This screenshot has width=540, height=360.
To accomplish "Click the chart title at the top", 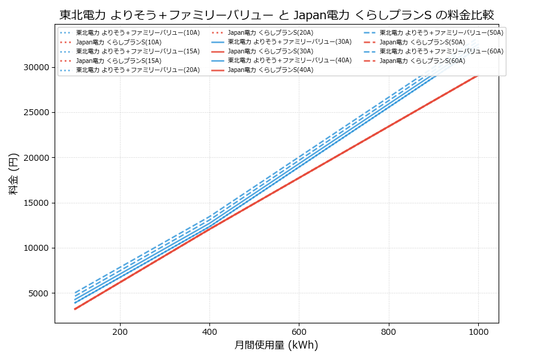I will click(x=277, y=15).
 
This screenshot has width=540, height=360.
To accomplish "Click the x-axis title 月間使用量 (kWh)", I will click(x=277, y=346).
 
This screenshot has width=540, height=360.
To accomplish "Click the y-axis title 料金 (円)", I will click(x=13, y=173).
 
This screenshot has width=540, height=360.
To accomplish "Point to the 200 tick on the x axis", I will click(x=120, y=331).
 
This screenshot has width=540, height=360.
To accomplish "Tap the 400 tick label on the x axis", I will click(x=209, y=331).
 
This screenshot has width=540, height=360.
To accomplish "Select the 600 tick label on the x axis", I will click(x=299, y=331).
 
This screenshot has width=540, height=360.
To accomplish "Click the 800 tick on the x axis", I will click(x=389, y=331).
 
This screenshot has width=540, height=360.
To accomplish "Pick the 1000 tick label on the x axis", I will click(x=478, y=331).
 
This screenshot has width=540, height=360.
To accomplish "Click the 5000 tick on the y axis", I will click(x=38, y=293).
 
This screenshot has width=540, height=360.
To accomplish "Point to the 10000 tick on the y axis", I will click(x=36, y=248).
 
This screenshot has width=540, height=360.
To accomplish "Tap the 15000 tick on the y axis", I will click(x=36, y=203).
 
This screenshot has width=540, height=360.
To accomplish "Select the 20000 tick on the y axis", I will click(x=36, y=158).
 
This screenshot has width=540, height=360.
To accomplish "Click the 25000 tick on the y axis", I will click(x=36, y=113).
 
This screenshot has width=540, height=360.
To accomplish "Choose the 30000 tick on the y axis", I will click(x=36, y=67).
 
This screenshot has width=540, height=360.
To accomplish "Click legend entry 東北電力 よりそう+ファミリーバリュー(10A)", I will click(x=137, y=33).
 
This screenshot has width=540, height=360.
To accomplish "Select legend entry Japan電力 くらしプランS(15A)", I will click(x=118, y=61).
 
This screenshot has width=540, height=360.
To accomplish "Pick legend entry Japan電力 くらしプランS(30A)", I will click(x=270, y=52).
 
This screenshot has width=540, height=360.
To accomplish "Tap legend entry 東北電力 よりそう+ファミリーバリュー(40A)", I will click(x=289, y=61).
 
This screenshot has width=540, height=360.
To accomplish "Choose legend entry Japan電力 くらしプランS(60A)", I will click(x=422, y=61).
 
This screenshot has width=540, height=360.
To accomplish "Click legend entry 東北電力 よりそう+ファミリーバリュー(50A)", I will click(x=441, y=33).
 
